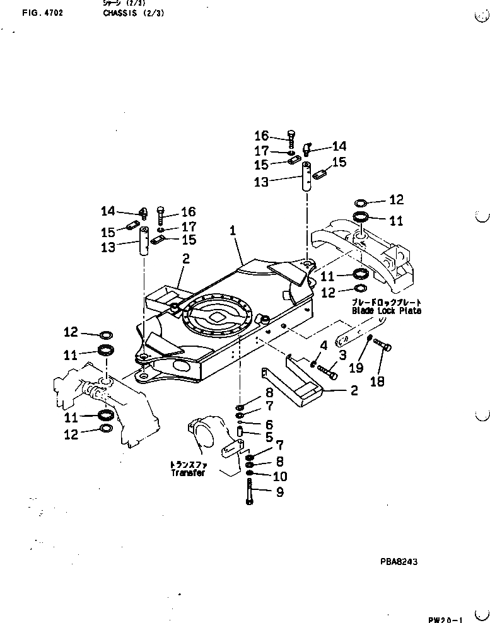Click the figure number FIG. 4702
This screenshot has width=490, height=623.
click(x=42, y=12)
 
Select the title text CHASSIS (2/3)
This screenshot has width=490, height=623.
click(x=133, y=12)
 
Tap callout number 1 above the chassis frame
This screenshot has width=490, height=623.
click(x=233, y=232)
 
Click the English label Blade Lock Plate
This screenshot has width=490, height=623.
click(x=387, y=310)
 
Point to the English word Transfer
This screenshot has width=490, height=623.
click(x=188, y=473)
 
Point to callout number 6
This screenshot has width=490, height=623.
click(x=269, y=424)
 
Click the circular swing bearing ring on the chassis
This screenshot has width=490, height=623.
click(x=218, y=321)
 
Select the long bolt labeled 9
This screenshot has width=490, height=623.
click(x=250, y=492)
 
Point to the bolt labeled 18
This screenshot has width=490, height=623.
click(x=382, y=345)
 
